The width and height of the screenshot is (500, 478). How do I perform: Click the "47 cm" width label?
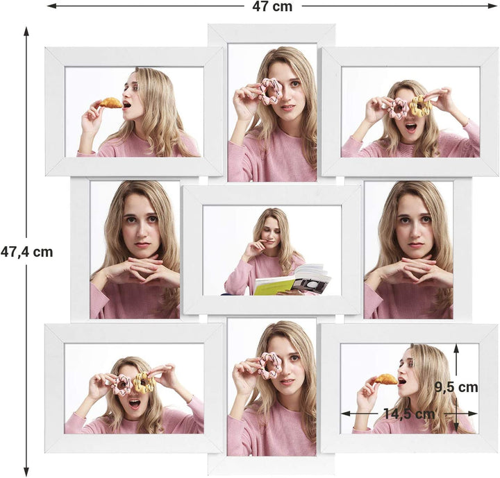(272, 7)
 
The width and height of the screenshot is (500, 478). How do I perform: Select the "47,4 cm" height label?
(27, 252)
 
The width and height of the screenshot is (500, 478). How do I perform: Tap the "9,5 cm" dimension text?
(456, 388)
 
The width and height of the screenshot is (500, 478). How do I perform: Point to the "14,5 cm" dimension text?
(409, 413)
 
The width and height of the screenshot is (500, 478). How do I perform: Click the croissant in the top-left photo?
(110, 103)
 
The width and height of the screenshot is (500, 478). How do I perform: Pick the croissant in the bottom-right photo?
(386, 379)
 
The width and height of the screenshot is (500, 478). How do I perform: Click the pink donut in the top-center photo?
(270, 91)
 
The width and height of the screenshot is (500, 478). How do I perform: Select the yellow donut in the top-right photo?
(420, 105)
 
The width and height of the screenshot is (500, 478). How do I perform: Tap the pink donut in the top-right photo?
(399, 108)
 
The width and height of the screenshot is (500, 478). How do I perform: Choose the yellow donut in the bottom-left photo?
(144, 382)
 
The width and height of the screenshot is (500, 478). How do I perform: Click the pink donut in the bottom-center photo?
(269, 366)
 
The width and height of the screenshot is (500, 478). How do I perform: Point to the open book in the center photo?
(292, 280)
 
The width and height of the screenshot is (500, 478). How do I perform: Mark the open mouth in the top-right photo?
(410, 128)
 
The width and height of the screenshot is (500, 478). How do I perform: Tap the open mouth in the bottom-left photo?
(134, 404)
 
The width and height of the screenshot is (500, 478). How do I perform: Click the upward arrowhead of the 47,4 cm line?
(26, 31)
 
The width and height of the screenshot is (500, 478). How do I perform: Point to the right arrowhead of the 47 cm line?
(492, 6)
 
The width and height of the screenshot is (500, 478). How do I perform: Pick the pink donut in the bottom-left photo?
(122, 385)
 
